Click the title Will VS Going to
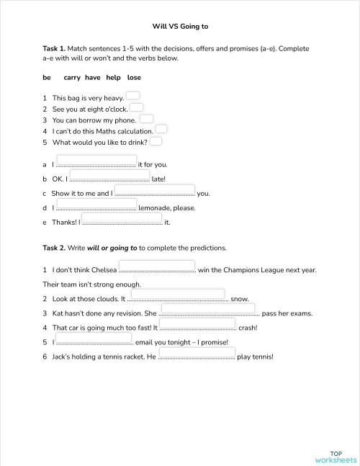pos(180,27)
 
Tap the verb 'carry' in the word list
pos(72,77)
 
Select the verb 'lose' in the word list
pos(134,77)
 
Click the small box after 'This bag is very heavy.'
pos(133,95)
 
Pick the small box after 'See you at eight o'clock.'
pos(136,107)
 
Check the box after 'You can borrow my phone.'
pos(146,118)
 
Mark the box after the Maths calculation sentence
pos(161,129)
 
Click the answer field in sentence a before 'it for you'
pos(96,161)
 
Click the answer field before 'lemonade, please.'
pos(96,204)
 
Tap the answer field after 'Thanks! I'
pos(122,218)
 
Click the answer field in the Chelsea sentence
pos(156,266)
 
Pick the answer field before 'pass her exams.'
pos(207,309)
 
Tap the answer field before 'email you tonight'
pos(94,338)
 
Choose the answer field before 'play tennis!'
pos(196,352)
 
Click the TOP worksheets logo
pos(336,457)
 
